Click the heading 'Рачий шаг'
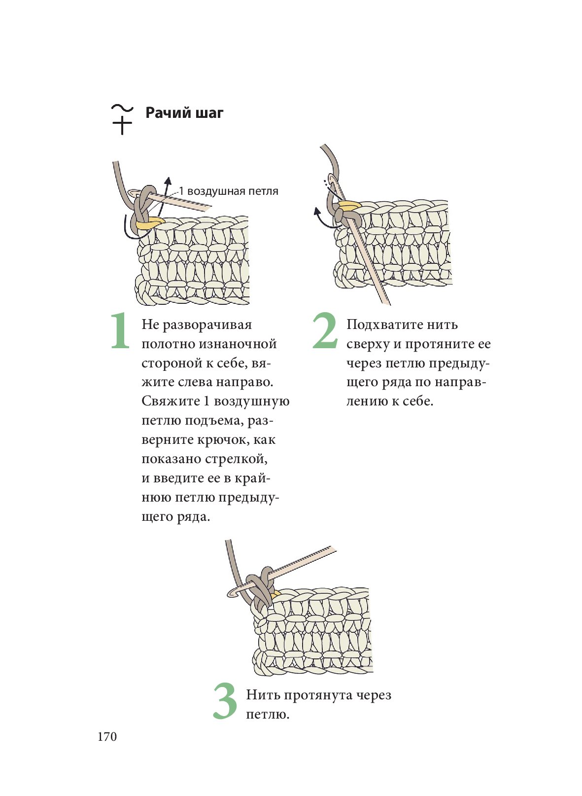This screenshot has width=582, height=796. (184, 113)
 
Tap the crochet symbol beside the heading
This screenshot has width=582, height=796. (122, 119)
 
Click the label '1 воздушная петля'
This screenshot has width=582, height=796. (228, 191)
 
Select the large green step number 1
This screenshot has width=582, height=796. (120, 331)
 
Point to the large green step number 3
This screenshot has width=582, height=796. (225, 701)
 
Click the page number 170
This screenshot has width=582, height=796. (107, 737)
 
